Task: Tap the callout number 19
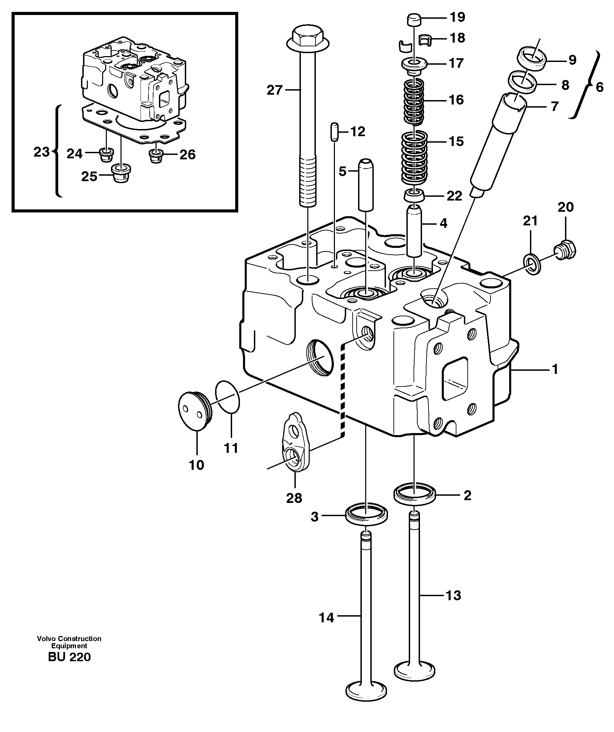tap(457, 17)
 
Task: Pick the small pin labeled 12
tap(335, 131)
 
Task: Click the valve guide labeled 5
tap(366, 185)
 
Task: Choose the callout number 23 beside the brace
tap(42, 152)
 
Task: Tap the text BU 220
tap(69, 657)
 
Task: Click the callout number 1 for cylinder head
tap(555, 369)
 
